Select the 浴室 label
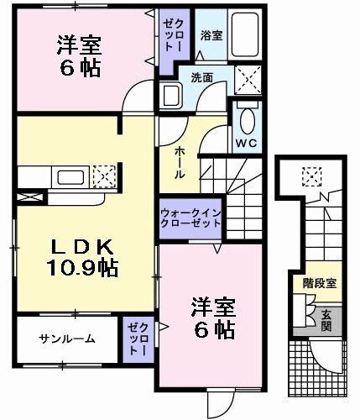click(x=211, y=35)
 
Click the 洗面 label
click(x=201, y=77)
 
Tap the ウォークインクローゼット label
click(x=190, y=218)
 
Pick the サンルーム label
click(x=65, y=339)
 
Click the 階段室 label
click(x=320, y=283)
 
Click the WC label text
click(x=248, y=144)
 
